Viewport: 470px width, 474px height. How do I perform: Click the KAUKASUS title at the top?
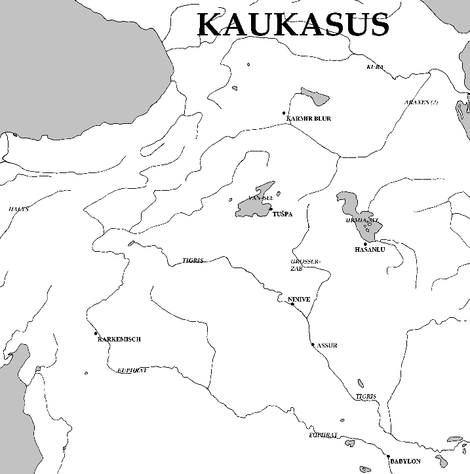[293, 25]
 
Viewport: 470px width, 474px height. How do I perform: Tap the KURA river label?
[375, 67]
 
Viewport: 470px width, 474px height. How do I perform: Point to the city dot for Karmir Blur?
[284, 113]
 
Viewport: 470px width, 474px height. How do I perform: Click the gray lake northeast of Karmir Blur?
[315, 96]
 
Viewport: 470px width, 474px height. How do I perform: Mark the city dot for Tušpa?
[270, 209]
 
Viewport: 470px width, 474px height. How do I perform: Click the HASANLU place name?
[368, 250]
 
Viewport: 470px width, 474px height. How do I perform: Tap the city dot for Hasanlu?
[365, 244]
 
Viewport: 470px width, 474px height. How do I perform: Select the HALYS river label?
[18, 209]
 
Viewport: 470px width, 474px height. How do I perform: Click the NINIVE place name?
[298, 299]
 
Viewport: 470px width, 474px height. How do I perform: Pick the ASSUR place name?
[326, 346]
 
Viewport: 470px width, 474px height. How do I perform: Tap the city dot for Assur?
[313, 344]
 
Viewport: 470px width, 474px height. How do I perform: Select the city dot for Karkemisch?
[96, 333]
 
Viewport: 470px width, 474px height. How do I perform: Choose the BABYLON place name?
[405, 462]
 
